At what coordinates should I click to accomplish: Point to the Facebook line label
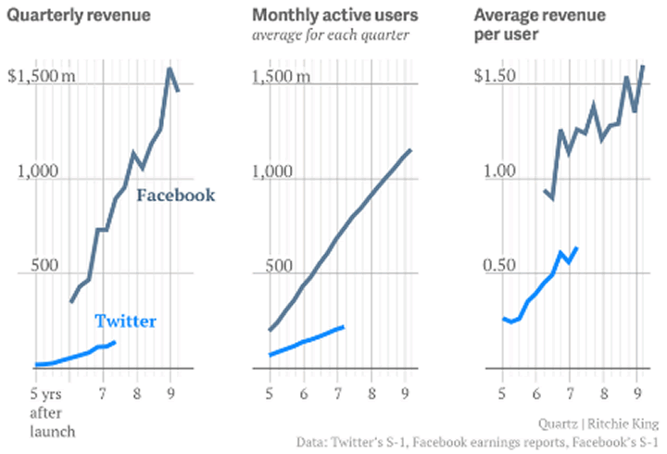175,195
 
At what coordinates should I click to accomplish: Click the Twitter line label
125,322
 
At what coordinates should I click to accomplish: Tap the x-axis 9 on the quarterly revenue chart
170,378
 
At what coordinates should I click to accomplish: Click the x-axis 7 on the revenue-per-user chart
571,378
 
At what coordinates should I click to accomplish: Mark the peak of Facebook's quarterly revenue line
170,68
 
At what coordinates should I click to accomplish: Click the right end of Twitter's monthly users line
344,326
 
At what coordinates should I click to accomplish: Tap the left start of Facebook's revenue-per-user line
543,191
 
